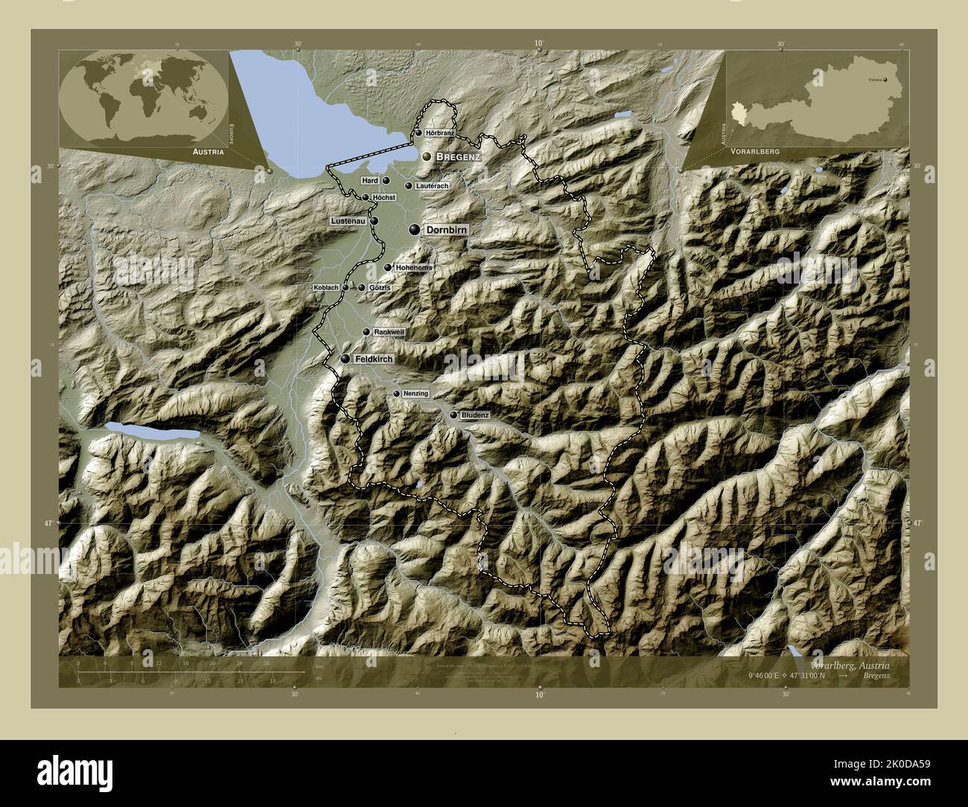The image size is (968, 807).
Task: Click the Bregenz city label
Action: [x=457, y=157]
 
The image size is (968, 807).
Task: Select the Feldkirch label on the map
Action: [x=374, y=359]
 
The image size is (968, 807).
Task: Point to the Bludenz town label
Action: [x=474, y=415]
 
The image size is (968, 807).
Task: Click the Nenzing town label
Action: [x=415, y=393]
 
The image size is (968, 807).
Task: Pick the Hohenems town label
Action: [x=414, y=267]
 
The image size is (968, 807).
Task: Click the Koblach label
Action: [x=326, y=287]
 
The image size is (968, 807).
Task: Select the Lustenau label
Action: [x=349, y=222]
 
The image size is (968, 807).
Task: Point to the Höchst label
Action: [x=383, y=197]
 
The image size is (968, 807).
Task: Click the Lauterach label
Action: [x=433, y=185]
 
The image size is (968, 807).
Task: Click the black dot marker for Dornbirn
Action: [x=414, y=230]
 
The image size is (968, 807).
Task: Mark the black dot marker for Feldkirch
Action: [x=346, y=359]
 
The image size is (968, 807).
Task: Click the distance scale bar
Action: [x=190, y=672]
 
